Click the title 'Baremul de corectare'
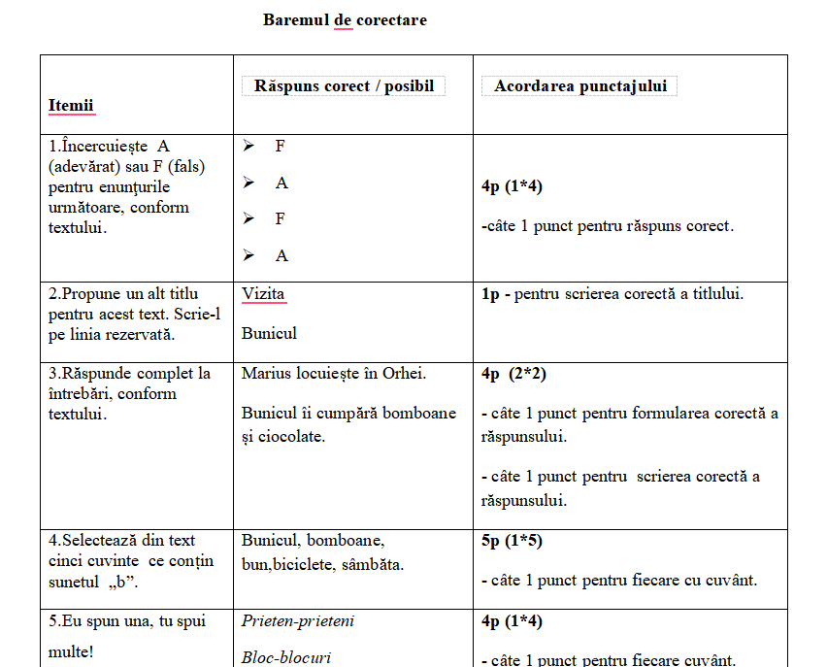345,19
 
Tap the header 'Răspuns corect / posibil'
344,86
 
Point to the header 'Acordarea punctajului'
580,86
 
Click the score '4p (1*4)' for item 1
512,186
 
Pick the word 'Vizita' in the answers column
263,293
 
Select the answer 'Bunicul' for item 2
269,333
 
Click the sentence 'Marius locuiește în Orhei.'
334,374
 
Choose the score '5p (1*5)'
513,541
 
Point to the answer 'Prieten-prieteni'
298,620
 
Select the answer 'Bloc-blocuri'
286,657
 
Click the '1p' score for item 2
490,293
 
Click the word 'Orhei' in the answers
404,374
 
